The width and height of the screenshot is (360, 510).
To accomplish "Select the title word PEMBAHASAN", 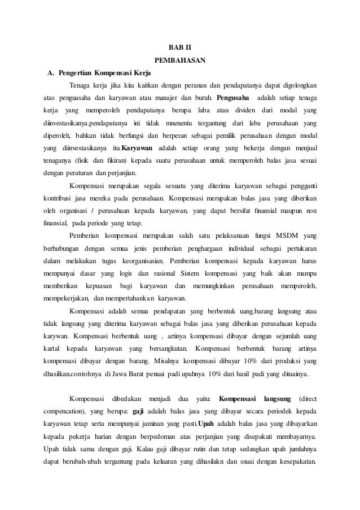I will tap(179, 60).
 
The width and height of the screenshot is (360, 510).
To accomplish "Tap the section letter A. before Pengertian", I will tap(51, 73).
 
